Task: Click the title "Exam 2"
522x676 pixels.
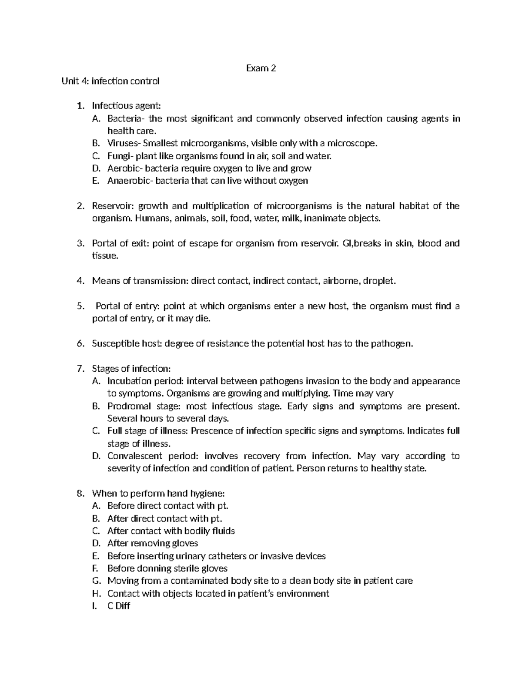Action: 261,68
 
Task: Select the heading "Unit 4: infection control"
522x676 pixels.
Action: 110,81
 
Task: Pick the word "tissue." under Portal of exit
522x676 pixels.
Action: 105,256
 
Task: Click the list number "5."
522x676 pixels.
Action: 80,306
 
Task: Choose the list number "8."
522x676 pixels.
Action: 80,494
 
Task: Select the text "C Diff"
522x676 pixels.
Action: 118,606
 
